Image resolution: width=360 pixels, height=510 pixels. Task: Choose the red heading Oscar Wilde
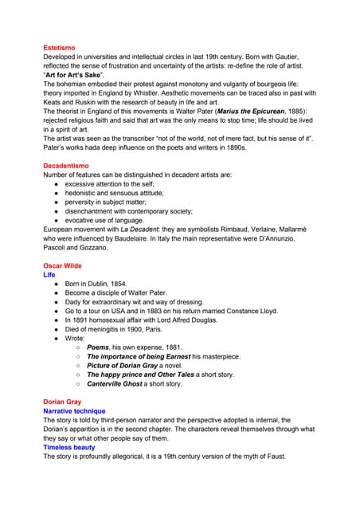[62, 265]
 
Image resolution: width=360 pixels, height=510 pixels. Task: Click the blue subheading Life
[49, 275]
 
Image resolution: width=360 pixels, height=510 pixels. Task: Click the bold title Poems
[101, 347]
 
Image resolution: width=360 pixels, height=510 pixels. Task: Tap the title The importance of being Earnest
[149, 357]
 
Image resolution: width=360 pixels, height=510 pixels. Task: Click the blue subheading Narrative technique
[74, 411]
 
